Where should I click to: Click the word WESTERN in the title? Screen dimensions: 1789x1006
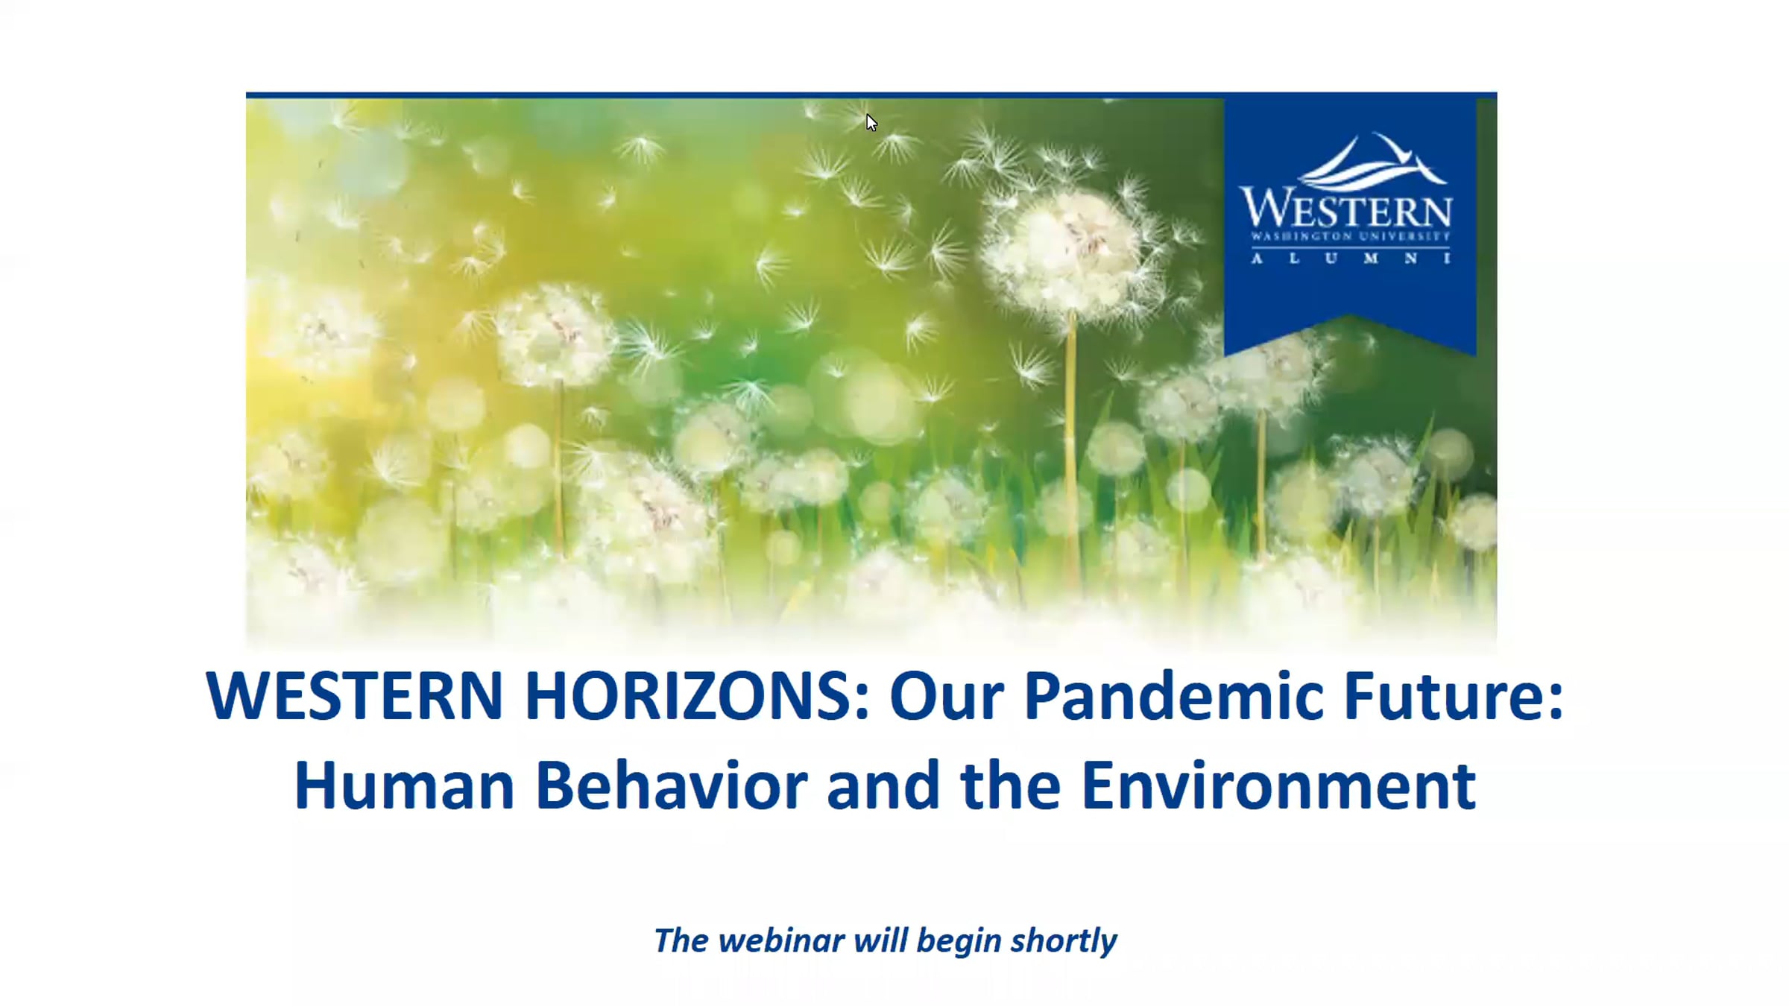point(355,696)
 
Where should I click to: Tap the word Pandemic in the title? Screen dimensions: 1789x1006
point(1173,696)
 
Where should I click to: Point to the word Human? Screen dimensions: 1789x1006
point(405,785)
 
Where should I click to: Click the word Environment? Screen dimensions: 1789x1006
point(1278,785)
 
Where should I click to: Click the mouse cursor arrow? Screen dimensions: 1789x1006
point(871,122)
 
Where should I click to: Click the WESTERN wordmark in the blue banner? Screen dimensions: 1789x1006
point(1346,208)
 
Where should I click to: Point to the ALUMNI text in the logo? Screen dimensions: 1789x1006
point(1351,259)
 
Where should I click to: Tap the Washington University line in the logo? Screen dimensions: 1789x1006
point(1351,236)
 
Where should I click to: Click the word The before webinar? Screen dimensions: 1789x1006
point(681,940)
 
